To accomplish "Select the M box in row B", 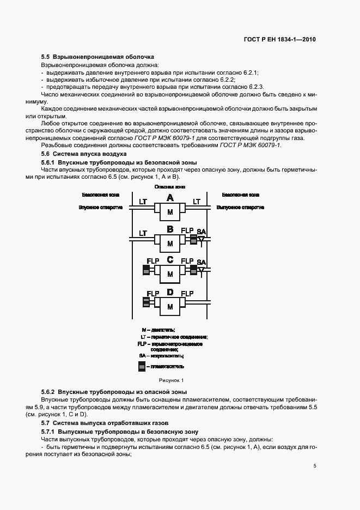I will [x=170, y=244].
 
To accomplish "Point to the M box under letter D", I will [x=170, y=307].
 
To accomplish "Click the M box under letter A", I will [x=170, y=212].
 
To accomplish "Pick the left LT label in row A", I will [x=143, y=202].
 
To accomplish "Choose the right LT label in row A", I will [x=197, y=202].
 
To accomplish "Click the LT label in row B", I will [x=143, y=233].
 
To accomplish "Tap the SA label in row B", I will [x=202, y=231].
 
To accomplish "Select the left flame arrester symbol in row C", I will [x=146, y=270].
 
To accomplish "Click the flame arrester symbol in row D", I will [x=146, y=301].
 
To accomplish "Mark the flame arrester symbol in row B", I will [x=193, y=239].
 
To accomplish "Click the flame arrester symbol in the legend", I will [x=142, y=367].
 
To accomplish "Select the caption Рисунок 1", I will [x=172, y=380].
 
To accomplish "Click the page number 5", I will [x=315, y=466].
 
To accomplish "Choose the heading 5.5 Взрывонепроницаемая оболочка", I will [x=98, y=57].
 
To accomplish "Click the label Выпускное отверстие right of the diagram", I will [x=237, y=208].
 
